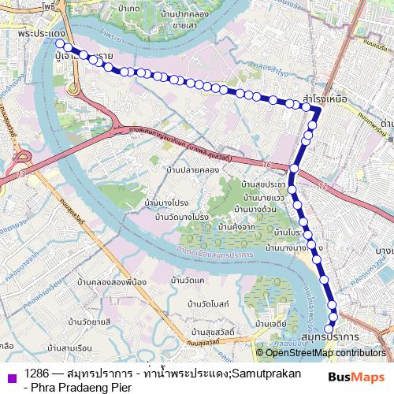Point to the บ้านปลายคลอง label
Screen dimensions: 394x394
pos(192,169)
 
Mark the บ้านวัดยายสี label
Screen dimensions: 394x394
pos(89,321)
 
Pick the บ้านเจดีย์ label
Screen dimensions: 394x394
pos(270,324)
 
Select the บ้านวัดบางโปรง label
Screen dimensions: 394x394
pos(181,217)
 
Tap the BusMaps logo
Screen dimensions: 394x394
pos(357,377)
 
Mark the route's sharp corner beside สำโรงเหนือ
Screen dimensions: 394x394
pos(318,111)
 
